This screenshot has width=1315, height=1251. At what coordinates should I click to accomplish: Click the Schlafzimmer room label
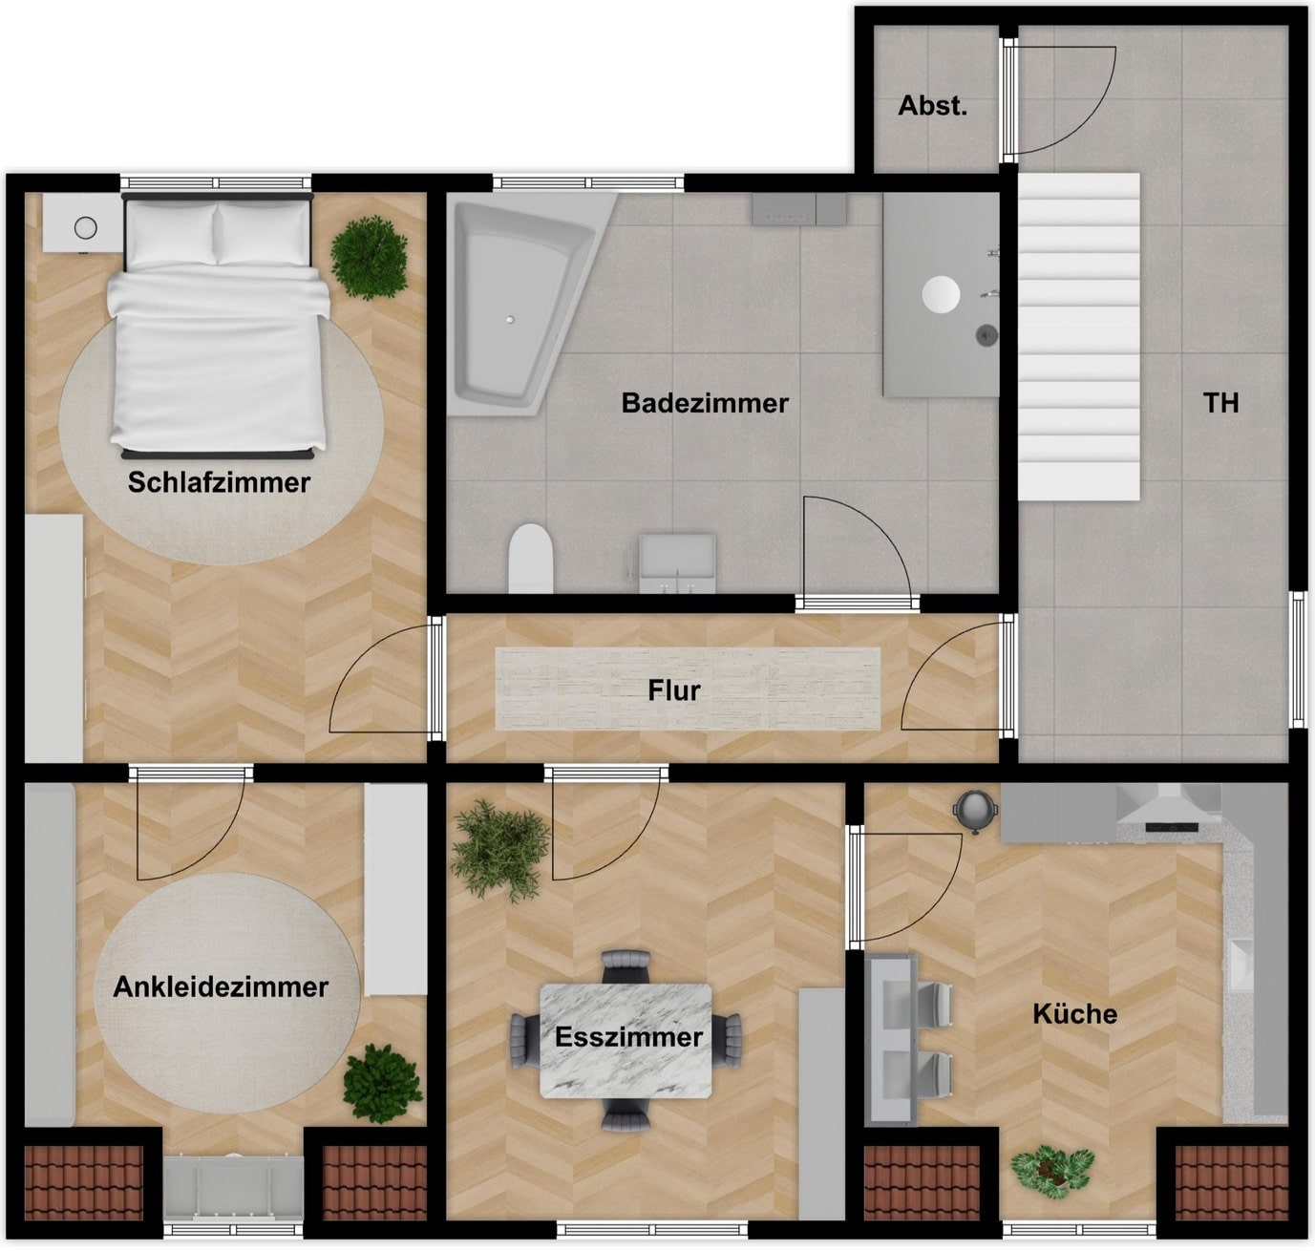point(219,483)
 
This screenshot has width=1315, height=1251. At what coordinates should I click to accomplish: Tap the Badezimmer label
point(705,403)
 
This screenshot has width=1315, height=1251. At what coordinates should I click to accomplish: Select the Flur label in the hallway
point(673,690)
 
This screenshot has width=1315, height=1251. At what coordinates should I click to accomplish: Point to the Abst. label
point(932,106)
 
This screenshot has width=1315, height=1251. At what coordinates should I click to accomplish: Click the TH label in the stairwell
point(1220,403)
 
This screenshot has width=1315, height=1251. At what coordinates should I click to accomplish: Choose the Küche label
point(1075,1014)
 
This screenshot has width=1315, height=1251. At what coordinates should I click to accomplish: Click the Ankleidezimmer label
point(221,986)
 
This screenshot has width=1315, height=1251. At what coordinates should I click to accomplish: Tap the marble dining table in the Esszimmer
point(626,1041)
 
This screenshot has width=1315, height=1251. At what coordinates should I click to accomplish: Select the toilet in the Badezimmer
point(530,558)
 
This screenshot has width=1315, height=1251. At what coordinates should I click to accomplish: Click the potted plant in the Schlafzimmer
point(369,258)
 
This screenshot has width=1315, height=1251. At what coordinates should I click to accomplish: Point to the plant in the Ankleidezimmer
point(382,1084)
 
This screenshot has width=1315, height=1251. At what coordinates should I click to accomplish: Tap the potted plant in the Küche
point(1051,1172)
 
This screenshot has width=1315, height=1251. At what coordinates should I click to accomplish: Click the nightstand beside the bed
point(84,223)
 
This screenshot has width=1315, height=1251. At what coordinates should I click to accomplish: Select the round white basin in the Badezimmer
point(941,294)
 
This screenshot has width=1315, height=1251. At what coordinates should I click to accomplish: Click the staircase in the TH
point(1078,336)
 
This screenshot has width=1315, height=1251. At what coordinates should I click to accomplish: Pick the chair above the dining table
point(626,966)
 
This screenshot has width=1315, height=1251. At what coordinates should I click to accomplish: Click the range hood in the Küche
point(1168,804)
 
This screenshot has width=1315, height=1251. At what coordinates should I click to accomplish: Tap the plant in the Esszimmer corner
point(500,850)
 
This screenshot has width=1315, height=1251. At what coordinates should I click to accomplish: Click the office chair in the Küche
point(976,812)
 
